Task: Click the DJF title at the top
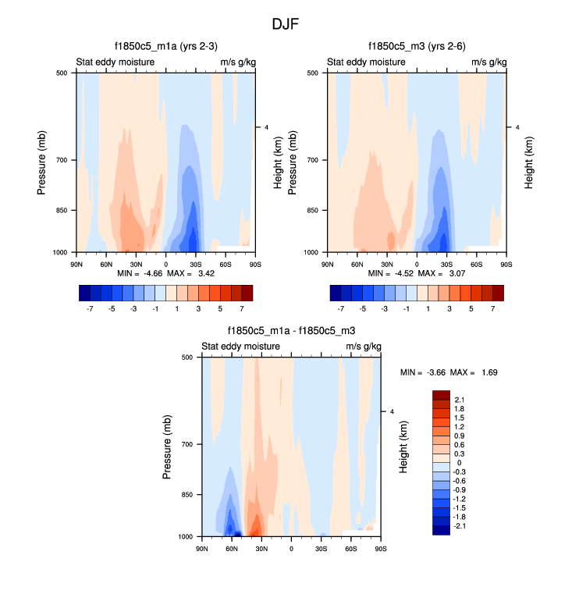coord(286,24)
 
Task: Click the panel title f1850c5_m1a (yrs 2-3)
coord(164,46)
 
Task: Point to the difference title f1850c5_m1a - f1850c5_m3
coord(291,330)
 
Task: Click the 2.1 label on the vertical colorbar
coord(460,400)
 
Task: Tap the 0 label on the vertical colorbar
coord(458,464)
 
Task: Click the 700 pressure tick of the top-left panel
coord(62,160)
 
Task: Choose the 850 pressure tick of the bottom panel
coord(187,495)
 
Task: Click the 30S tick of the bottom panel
coord(321,549)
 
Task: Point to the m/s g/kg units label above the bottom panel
coord(364,347)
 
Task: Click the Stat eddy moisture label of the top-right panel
coord(365,62)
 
